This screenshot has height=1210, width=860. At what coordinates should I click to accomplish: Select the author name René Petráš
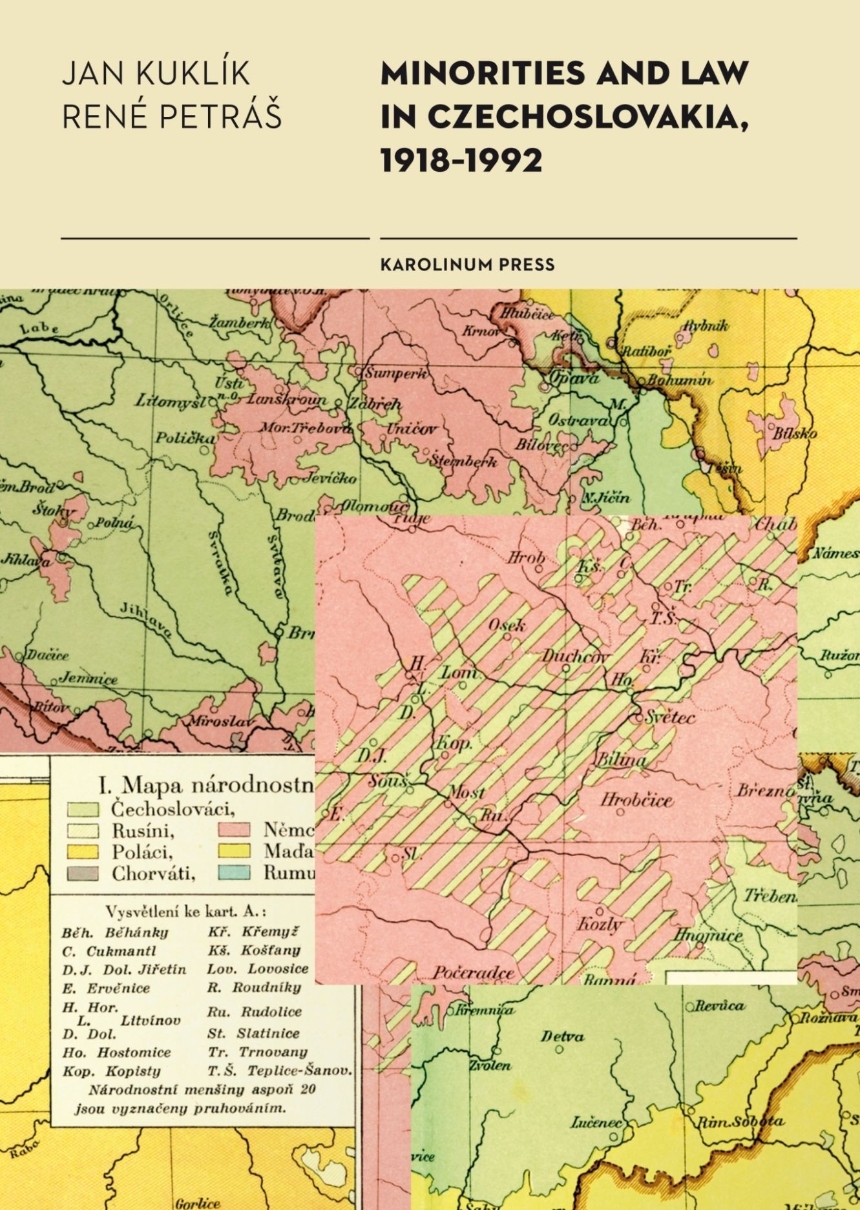pos(171,117)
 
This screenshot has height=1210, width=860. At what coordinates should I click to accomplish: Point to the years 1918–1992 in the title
pos(460,160)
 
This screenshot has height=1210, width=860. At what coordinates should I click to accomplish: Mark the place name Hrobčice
pos(636,800)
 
